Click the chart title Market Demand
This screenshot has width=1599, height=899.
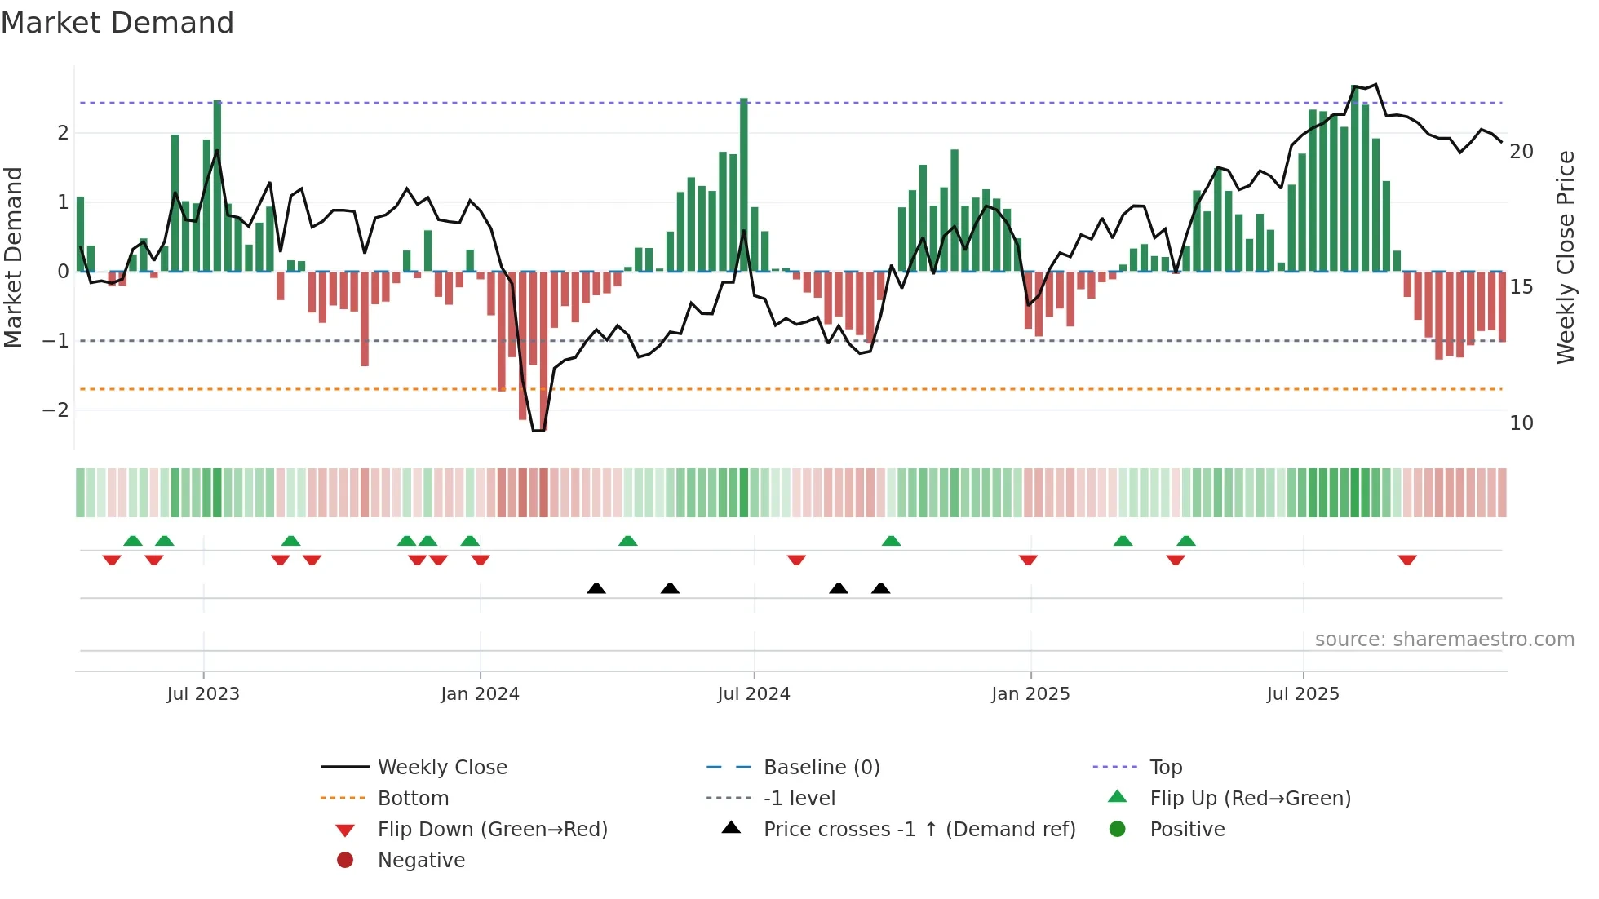coord(117,22)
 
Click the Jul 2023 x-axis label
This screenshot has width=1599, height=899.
coord(203,694)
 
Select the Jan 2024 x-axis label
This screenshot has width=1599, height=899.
coord(480,694)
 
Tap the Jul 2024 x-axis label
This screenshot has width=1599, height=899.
coord(754,694)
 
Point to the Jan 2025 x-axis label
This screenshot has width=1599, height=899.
coord(1030,694)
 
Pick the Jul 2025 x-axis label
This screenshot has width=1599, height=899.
coord(1303,694)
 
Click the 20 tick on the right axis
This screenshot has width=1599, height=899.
coord(1521,152)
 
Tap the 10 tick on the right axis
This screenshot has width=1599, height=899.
coord(1521,423)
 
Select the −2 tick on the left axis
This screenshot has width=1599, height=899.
coord(55,410)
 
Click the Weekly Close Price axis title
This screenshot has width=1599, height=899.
coord(1565,257)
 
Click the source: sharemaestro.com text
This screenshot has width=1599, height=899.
coord(1444,640)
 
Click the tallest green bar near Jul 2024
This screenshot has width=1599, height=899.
coord(744,184)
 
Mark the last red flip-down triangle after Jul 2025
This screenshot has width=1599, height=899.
coord(1407,560)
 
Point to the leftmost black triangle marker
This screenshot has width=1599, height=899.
coord(596,588)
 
